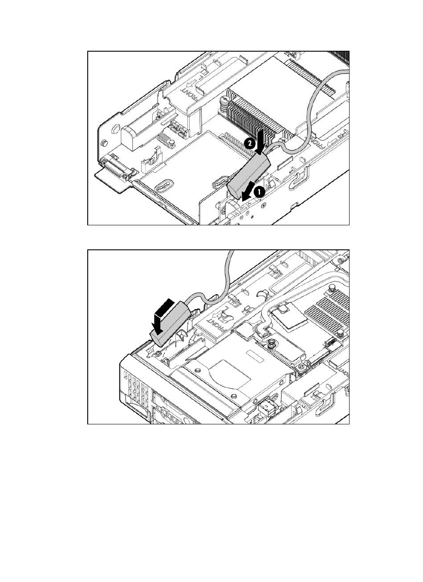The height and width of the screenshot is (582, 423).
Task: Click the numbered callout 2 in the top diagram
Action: (x=250, y=143)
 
